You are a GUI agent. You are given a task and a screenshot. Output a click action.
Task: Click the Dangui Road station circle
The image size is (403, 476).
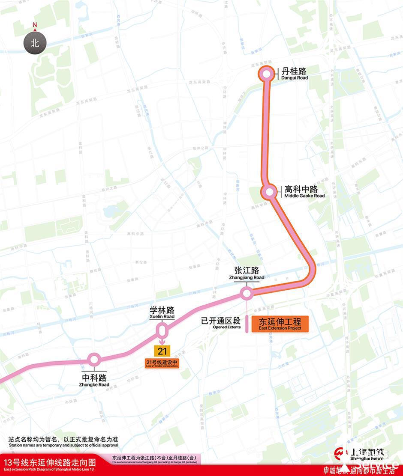click(266, 74)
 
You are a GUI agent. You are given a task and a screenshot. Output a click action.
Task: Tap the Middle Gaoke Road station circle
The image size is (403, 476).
click(270, 192)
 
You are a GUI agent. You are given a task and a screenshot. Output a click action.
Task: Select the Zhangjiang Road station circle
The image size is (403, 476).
click(247, 293)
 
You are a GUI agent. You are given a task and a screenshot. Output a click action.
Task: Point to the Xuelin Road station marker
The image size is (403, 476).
click(162, 330)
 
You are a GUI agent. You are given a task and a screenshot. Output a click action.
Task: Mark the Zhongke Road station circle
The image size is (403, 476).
click(94, 359)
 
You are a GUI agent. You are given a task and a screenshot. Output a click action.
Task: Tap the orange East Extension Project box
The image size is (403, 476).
click(280, 324)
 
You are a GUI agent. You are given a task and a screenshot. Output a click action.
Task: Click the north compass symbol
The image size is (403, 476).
click(35, 43)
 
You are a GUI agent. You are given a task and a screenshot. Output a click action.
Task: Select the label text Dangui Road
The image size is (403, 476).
click(295, 78)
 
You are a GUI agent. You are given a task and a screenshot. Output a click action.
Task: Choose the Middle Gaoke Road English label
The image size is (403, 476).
click(304, 196)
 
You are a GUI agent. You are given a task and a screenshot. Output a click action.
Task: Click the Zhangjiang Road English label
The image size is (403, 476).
click(247, 277)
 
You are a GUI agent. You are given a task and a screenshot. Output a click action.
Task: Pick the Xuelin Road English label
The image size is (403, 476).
click(162, 317)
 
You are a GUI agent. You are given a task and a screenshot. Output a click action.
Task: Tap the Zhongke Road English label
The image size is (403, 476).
click(94, 384)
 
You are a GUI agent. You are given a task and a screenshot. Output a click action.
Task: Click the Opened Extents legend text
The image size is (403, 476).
click(226, 327)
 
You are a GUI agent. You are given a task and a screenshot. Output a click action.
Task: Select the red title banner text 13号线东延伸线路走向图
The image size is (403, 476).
click(48, 463)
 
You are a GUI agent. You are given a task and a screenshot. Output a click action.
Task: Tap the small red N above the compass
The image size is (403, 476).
click(35, 25)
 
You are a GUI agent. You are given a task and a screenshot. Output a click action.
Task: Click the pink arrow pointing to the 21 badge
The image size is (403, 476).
click(162, 341)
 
